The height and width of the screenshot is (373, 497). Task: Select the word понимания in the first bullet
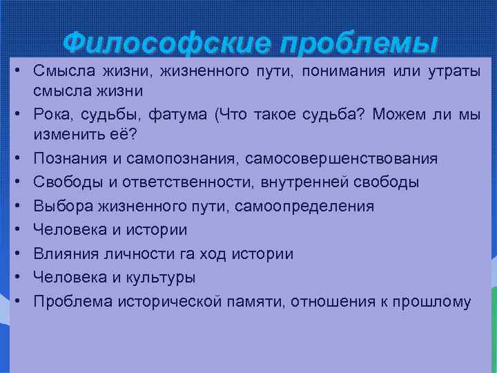(340, 73)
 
